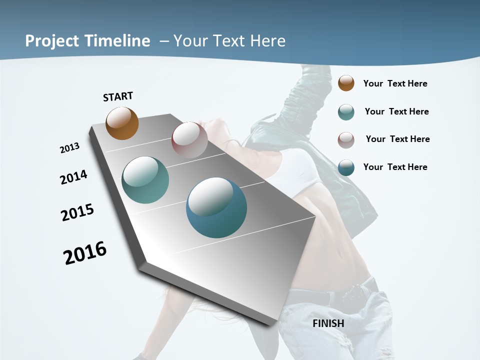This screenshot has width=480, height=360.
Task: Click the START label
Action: (x=118, y=96)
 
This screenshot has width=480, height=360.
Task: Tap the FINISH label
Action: (x=328, y=323)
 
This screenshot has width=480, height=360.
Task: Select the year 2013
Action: (x=69, y=148)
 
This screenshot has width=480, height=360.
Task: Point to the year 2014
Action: (x=73, y=177)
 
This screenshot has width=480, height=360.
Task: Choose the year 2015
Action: (x=77, y=213)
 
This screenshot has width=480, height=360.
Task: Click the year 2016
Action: (x=85, y=253)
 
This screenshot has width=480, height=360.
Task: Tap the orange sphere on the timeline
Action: (x=122, y=123)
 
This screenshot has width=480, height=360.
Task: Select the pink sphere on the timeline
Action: (x=189, y=140)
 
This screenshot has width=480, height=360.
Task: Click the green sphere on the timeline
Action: (x=145, y=180)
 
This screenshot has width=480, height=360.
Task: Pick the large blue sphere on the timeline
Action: (x=216, y=207)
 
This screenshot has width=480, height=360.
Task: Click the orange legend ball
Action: (x=346, y=83)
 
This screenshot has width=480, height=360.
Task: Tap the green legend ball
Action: (x=346, y=112)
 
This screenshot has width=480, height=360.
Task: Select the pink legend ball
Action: (x=346, y=140)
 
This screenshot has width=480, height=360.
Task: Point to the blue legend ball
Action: (x=346, y=167)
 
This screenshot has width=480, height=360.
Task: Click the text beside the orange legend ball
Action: (x=395, y=83)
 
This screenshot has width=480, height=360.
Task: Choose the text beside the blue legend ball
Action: (x=395, y=167)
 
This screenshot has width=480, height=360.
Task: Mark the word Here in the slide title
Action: (x=267, y=41)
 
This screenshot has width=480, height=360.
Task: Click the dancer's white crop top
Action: (x=300, y=172)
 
